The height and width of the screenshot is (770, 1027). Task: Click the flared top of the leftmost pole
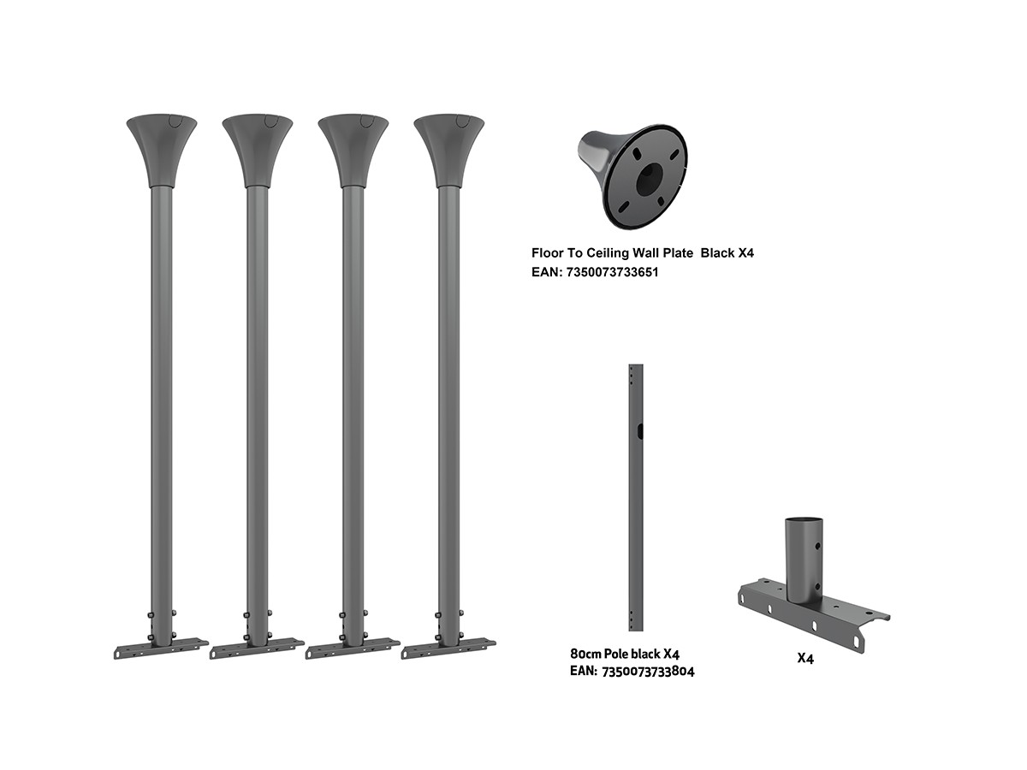(x=162, y=150)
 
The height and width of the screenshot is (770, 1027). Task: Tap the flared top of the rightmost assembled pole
(x=448, y=150)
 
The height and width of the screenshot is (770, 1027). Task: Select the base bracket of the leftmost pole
(x=161, y=648)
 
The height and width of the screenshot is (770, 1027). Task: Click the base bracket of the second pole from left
(x=257, y=648)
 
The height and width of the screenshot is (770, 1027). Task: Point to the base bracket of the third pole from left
(x=353, y=648)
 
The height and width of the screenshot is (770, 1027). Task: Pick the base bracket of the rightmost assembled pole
(x=448, y=648)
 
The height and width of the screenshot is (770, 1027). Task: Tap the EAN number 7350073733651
(x=612, y=272)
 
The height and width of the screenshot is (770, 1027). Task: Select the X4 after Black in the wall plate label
(x=745, y=253)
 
